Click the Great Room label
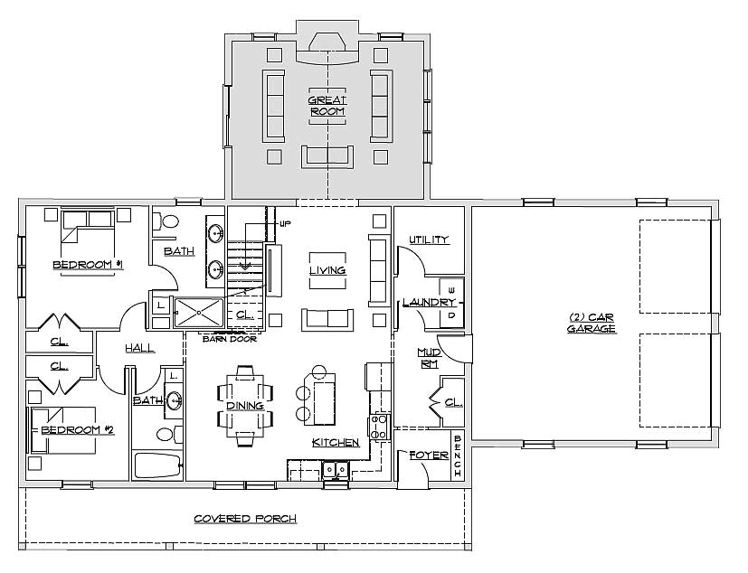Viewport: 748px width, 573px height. (x=327, y=106)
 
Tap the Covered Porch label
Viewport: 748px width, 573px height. (x=245, y=519)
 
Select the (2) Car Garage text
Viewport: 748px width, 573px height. (x=591, y=324)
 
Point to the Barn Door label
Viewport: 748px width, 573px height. (x=230, y=339)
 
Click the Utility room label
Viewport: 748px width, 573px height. (x=429, y=240)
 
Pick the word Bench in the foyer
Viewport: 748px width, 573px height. (x=458, y=456)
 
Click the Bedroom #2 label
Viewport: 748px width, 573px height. (x=78, y=430)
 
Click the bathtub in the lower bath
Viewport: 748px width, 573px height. (x=158, y=465)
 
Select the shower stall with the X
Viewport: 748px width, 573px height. (x=198, y=313)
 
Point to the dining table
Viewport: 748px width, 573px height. (x=245, y=406)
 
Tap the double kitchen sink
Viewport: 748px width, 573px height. (x=336, y=470)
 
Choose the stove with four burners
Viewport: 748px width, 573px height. (x=379, y=427)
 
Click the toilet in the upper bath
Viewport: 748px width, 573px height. (x=166, y=221)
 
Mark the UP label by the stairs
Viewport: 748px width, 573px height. (x=285, y=223)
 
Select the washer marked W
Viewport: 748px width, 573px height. (x=451, y=290)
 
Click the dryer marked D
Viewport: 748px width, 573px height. (x=451, y=315)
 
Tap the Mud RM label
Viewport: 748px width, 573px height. (x=429, y=358)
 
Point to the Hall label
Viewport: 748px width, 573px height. (x=140, y=349)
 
